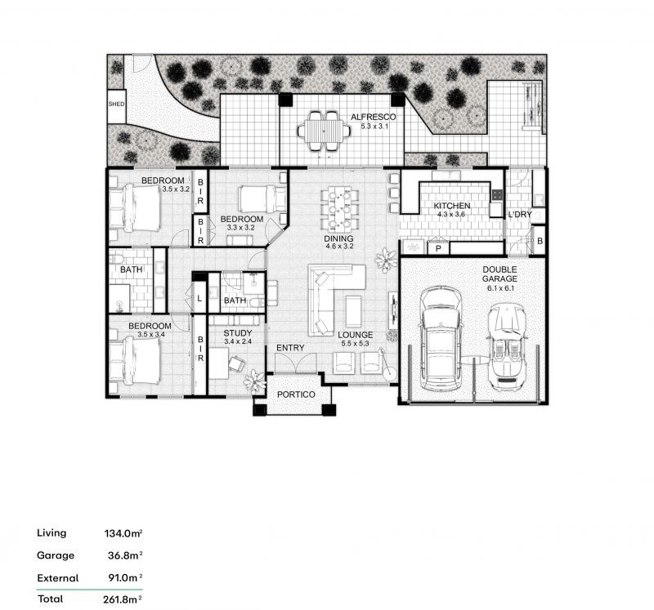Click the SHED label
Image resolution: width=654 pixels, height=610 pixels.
click(116, 105)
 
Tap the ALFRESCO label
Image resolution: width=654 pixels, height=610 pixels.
click(373, 117)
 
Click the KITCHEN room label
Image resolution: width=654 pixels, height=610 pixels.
click(452, 206)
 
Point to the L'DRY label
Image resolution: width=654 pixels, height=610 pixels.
click(520, 215)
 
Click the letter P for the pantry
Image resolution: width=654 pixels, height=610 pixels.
click(439, 249)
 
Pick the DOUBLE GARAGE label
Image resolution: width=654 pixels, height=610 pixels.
click(499, 274)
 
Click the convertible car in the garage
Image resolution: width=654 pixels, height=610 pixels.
click(507, 347)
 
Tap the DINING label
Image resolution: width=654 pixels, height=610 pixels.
click(339, 238)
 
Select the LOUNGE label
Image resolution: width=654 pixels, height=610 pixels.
click(356, 335)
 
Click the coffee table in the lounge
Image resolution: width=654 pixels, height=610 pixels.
click(353, 311)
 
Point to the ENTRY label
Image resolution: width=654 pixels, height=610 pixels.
click(290, 348)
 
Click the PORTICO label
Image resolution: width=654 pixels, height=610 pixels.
click(296, 394)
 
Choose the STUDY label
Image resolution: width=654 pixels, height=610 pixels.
click(238, 333)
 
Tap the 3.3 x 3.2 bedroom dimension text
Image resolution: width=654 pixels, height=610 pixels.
click(240, 228)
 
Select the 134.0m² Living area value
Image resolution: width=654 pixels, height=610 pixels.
click(123, 533)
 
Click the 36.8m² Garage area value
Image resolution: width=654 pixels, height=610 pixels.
click(125, 555)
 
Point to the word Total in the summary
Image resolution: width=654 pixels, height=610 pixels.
click(51, 599)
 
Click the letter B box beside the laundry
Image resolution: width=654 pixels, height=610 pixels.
click(540, 241)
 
